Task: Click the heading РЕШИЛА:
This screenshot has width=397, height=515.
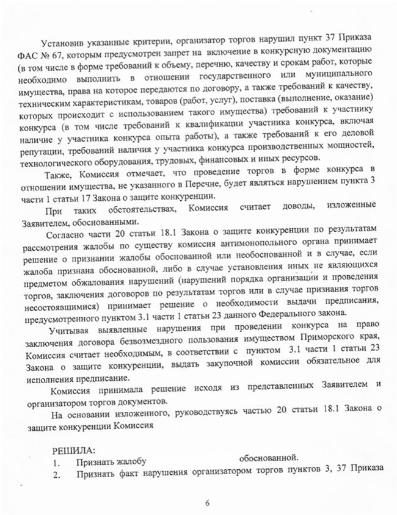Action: coord(72,452)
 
